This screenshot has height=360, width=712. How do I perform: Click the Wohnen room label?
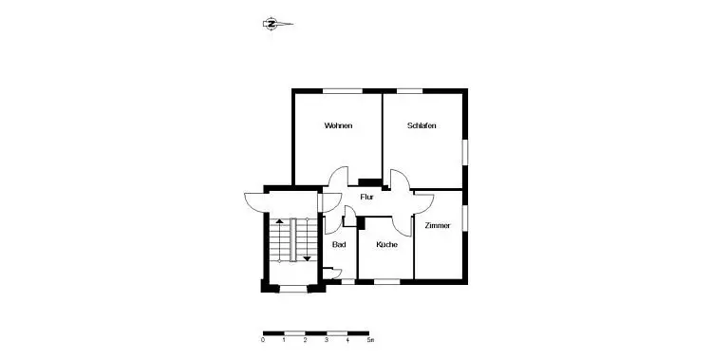(x=338, y=125)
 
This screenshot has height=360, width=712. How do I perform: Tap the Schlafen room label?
(x=422, y=125)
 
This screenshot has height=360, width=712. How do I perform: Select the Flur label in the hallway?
(x=366, y=198)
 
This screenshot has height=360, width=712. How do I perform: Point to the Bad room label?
(x=339, y=244)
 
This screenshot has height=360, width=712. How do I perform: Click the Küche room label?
(x=387, y=244)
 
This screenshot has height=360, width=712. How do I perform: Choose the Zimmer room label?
(x=438, y=225)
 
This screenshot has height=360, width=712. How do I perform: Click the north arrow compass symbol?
(x=277, y=24)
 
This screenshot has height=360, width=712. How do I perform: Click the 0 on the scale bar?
(x=263, y=339)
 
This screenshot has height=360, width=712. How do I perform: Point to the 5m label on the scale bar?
(x=370, y=339)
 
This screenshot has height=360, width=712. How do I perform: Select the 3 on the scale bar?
(x=327, y=339)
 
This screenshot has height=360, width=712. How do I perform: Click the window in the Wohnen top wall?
(x=343, y=91)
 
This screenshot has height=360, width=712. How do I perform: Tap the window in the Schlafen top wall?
(x=410, y=91)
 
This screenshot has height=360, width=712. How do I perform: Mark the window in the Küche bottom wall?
(x=387, y=282)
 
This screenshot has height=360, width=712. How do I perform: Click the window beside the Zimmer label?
(x=465, y=218)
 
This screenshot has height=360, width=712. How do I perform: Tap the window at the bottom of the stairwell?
(x=293, y=289)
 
